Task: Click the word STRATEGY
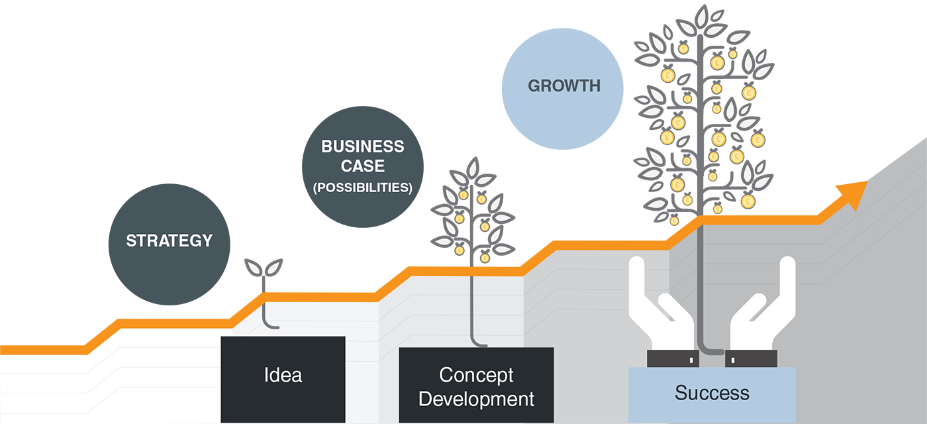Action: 169,240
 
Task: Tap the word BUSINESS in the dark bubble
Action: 362,146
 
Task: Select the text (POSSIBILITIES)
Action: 362,187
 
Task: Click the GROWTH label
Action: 564,85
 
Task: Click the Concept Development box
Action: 476,386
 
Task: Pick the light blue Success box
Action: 712,394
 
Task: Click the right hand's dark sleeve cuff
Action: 751,358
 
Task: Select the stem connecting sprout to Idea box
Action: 266,318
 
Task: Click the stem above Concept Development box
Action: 473,311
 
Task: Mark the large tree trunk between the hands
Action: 701,291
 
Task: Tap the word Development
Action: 476,399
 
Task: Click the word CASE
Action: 362,166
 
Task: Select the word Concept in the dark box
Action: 476,375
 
